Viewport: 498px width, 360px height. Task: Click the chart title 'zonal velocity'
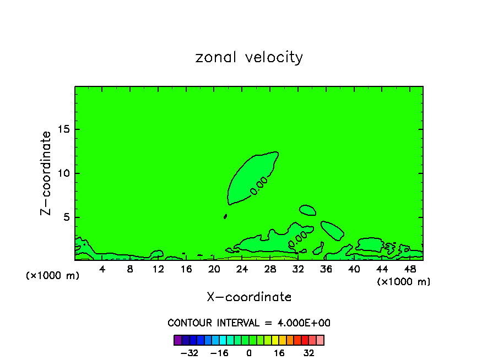[249, 57]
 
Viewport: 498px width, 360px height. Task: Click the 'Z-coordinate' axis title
[46, 173]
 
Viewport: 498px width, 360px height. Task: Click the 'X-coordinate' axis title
[249, 297]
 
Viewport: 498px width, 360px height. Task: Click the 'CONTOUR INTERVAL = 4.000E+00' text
[249, 323]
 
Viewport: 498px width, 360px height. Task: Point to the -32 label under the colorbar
[190, 353]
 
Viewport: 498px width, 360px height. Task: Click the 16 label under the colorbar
[279, 353]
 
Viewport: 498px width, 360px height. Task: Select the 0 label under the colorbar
[249, 353]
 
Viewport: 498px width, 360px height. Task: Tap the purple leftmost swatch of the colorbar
[178, 340]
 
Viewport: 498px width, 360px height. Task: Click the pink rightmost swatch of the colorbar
[320, 340]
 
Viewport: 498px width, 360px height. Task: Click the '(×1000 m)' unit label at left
[53, 276]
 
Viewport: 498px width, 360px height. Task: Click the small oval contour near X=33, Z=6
[307, 210]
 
